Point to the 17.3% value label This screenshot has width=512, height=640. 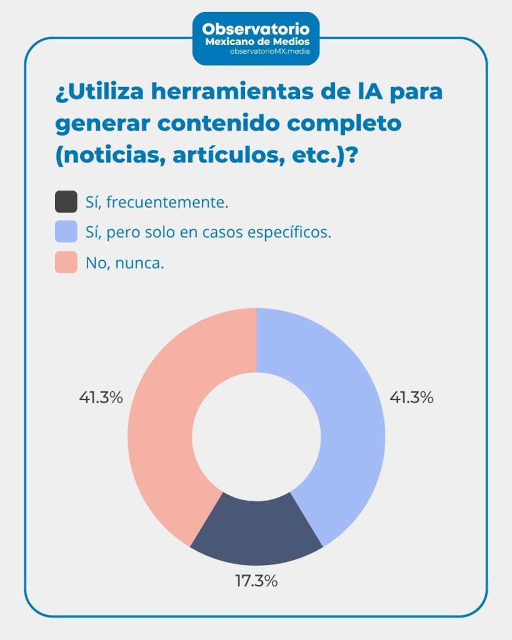coord(256,581)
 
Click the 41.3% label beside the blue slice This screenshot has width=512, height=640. coord(411,397)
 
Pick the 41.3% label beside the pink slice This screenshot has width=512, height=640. coord(101,397)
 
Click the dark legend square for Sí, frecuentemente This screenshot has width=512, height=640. coord(66,202)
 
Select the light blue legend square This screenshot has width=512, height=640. coord(66,232)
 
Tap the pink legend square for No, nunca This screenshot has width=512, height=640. coord(66,262)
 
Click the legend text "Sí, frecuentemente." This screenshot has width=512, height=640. coord(157,202)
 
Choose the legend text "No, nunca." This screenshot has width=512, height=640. coord(125,263)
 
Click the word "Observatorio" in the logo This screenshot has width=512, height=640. coord(256,29)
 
